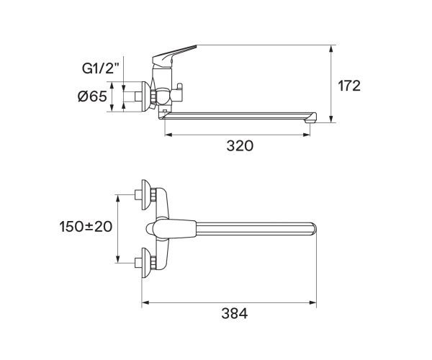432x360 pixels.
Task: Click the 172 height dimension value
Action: click(x=349, y=86)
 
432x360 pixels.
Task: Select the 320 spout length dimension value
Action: click(x=240, y=145)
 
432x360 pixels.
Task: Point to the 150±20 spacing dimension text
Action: click(x=86, y=226)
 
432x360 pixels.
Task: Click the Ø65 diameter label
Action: click(x=91, y=96)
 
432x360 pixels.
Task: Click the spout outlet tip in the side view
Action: click(x=310, y=120)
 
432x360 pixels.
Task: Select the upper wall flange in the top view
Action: click(x=147, y=195)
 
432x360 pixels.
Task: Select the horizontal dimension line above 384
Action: click(x=230, y=302)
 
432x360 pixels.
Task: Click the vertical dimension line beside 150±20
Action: click(x=117, y=228)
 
